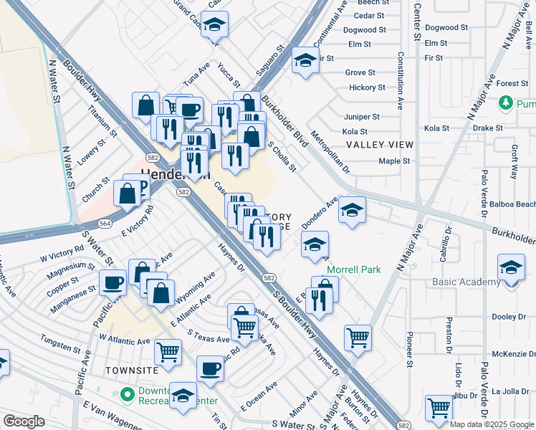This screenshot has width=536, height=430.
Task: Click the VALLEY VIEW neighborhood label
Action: coord(380,145)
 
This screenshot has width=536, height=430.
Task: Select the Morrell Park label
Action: coord(354,269)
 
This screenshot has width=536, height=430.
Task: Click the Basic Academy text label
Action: coord(466,282)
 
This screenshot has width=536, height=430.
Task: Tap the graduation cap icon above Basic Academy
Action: coord(511,269)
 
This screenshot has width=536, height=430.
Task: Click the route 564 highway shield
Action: coord(105,224)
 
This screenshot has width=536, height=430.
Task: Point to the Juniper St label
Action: coord(361,117)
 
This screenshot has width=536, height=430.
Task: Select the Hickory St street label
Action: coord(366,87)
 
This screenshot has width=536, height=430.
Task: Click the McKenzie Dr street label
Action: coord(509,354)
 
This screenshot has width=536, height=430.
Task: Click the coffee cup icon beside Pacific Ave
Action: coord(113,282)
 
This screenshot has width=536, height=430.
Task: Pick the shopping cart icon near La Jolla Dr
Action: coord(439,408)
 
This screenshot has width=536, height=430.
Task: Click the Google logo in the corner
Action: coord(24,421)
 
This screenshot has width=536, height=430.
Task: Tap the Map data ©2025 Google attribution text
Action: coord(492,424)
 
